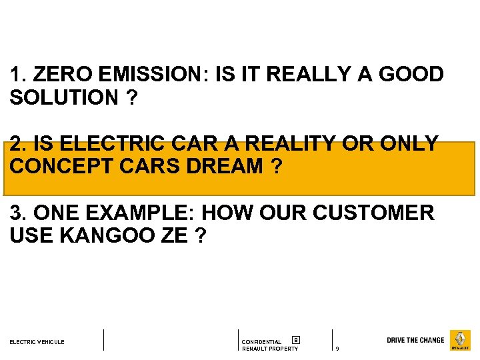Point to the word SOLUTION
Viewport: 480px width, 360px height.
(x=64, y=97)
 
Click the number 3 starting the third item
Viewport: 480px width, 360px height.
(x=16, y=213)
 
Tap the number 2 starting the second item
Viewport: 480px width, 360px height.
(x=16, y=144)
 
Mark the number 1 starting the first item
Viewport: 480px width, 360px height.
(x=15, y=75)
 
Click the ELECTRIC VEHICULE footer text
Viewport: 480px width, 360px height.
(x=37, y=342)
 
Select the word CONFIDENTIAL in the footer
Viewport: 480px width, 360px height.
(x=261, y=342)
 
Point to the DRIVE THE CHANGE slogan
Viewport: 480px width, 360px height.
(x=415, y=340)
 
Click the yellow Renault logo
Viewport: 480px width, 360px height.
(x=460, y=340)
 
